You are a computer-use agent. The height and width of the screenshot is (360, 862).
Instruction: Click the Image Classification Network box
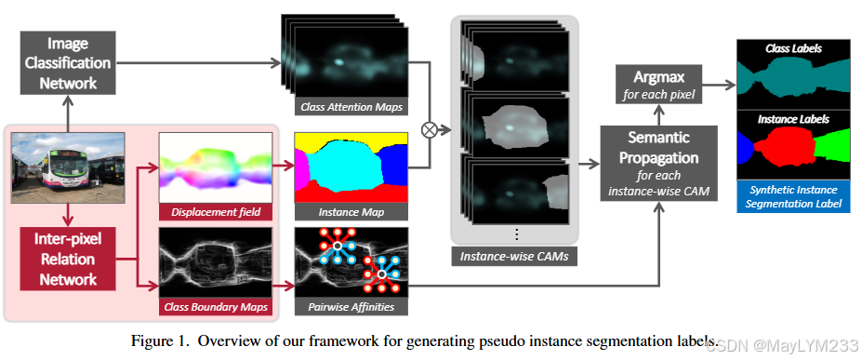click(x=68, y=61)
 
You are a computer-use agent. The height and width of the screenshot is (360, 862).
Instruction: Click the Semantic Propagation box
click(x=659, y=162)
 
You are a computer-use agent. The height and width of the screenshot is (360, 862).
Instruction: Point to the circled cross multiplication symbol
click(x=430, y=129)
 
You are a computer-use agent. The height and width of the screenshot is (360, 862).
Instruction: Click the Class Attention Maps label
click(x=351, y=107)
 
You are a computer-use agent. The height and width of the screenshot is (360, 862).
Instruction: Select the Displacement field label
click(x=215, y=212)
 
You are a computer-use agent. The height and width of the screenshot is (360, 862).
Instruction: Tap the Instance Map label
click(x=350, y=212)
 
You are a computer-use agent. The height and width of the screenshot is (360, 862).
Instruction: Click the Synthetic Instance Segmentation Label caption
click(x=793, y=196)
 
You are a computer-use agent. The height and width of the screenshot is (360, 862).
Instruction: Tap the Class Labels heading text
click(x=793, y=48)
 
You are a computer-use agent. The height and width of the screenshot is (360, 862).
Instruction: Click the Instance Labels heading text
click(x=793, y=119)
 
